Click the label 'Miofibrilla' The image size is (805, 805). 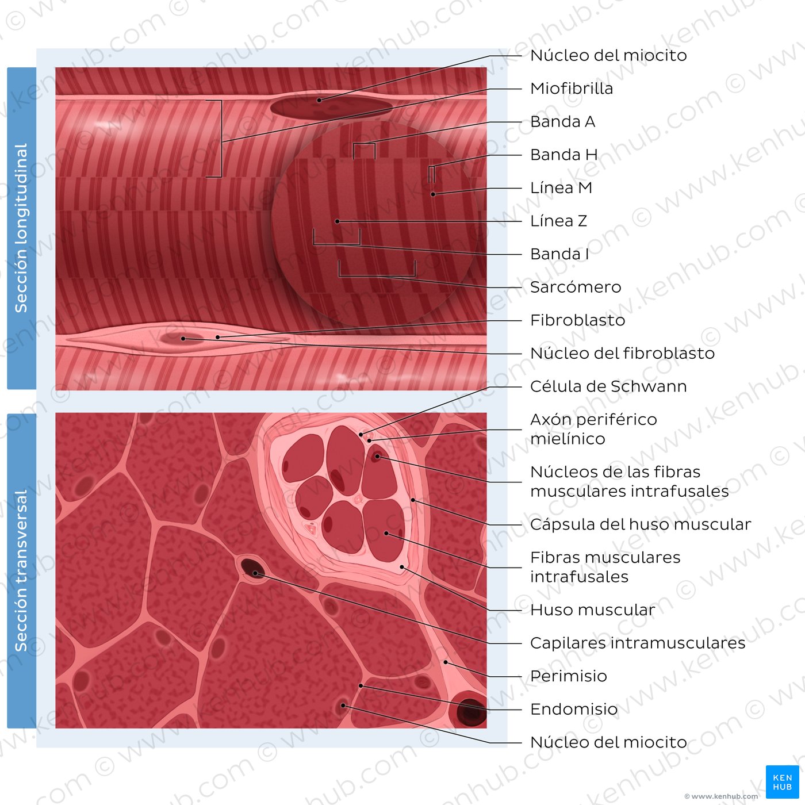(x=571, y=89)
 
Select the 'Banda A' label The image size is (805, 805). (x=562, y=121)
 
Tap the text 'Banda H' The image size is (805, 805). (x=563, y=155)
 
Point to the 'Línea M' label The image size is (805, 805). (x=561, y=188)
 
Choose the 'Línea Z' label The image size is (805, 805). (x=558, y=221)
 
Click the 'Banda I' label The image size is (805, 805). (x=559, y=254)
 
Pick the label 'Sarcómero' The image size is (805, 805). (x=575, y=287)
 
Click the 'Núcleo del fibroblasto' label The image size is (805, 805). (x=622, y=354)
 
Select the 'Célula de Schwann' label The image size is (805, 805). (x=608, y=386)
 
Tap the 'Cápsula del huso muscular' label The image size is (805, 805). (x=641, y=524)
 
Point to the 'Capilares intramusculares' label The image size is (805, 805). (x=638, y=643)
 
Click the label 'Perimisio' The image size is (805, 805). (x=568, y=676)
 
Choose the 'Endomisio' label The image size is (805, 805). (x=574, y=709)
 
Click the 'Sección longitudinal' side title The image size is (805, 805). (x=21, y=228)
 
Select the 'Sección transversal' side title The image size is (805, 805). (x=21, y=571)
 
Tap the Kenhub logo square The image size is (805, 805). (x=782, y=782)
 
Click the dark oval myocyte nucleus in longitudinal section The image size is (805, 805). (x=331, y=107)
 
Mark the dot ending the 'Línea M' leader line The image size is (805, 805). (x=433, y=194)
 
